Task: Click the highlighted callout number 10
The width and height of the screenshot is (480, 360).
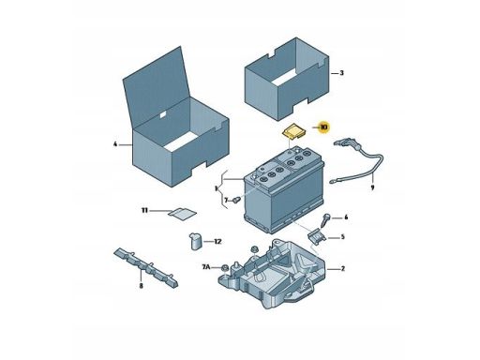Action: (323, 127)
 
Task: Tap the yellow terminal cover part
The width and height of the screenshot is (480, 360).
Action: (294, 130)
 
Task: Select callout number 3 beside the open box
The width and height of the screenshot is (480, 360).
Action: (341, 73)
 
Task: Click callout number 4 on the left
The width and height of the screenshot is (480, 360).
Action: (115, 144)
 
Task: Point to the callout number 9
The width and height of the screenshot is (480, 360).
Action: (372, 187)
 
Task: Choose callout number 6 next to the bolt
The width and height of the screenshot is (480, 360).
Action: (346, 217)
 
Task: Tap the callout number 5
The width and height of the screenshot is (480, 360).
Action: (342, 237)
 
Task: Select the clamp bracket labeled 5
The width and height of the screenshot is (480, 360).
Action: (317, 236)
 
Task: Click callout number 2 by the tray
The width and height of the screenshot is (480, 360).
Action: (342, 269)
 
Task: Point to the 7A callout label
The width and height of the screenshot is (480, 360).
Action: (206, 267)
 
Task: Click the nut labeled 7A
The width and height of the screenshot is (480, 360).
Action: (224, 268)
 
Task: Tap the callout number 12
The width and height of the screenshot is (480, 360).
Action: (217, 242)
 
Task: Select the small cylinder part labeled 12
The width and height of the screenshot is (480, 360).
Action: (196, 241)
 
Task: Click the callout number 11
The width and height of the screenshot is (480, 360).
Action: (144, 211)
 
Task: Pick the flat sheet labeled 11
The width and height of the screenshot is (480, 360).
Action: (182, 214)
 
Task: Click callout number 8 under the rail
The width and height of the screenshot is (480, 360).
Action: (141, 286)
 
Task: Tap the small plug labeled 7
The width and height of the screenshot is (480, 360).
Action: (236, 200)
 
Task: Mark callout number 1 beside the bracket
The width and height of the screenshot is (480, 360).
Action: (216, 188)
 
